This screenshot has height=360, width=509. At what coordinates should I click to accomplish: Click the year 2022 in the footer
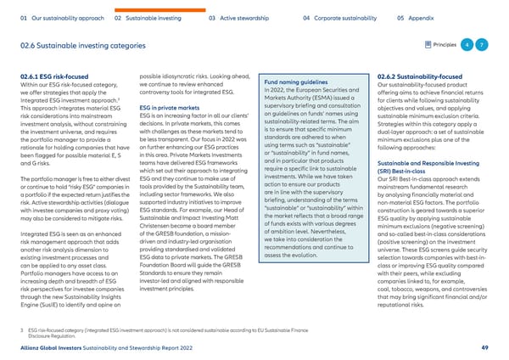tap(233, 347)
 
